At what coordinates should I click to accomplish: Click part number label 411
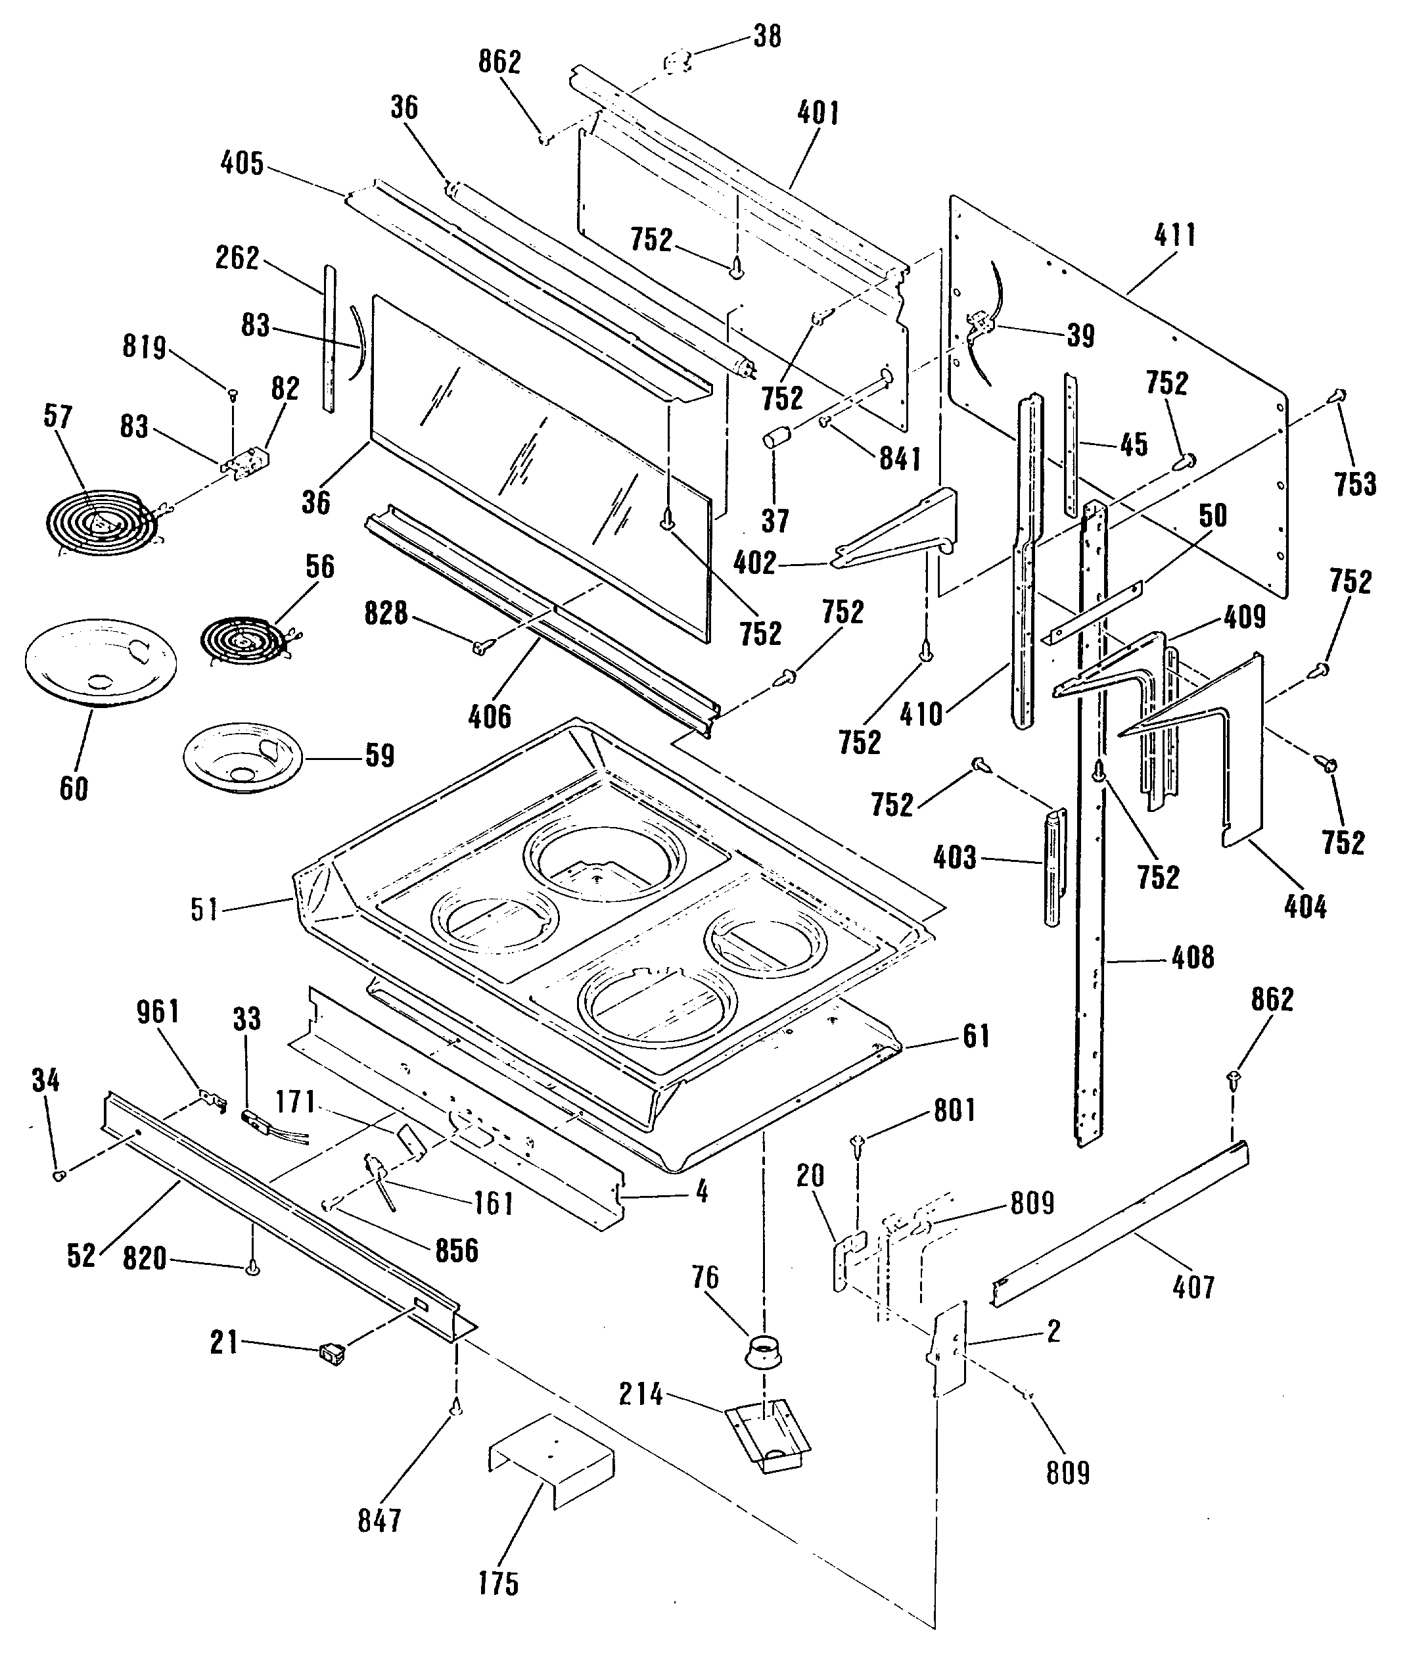coord(1175,236)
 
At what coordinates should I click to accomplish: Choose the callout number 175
coord(498,1583)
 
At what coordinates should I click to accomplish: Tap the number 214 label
coord(641,1394)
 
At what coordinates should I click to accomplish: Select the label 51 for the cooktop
coord(204,909)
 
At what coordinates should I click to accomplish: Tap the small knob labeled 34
coord(58,1175)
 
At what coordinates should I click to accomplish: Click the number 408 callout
coord(1193,957)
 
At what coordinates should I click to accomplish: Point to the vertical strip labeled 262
coord(329,339)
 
